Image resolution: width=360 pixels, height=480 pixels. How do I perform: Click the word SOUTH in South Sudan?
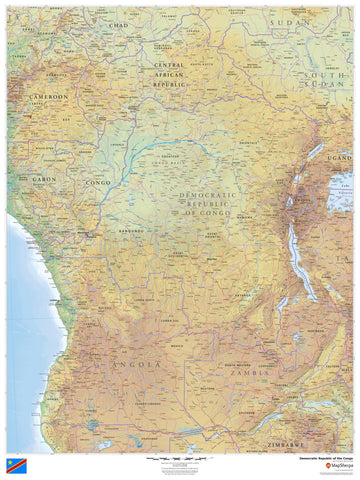coord(327,76)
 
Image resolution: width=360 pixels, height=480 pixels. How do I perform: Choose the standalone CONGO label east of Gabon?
coord(98,183)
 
